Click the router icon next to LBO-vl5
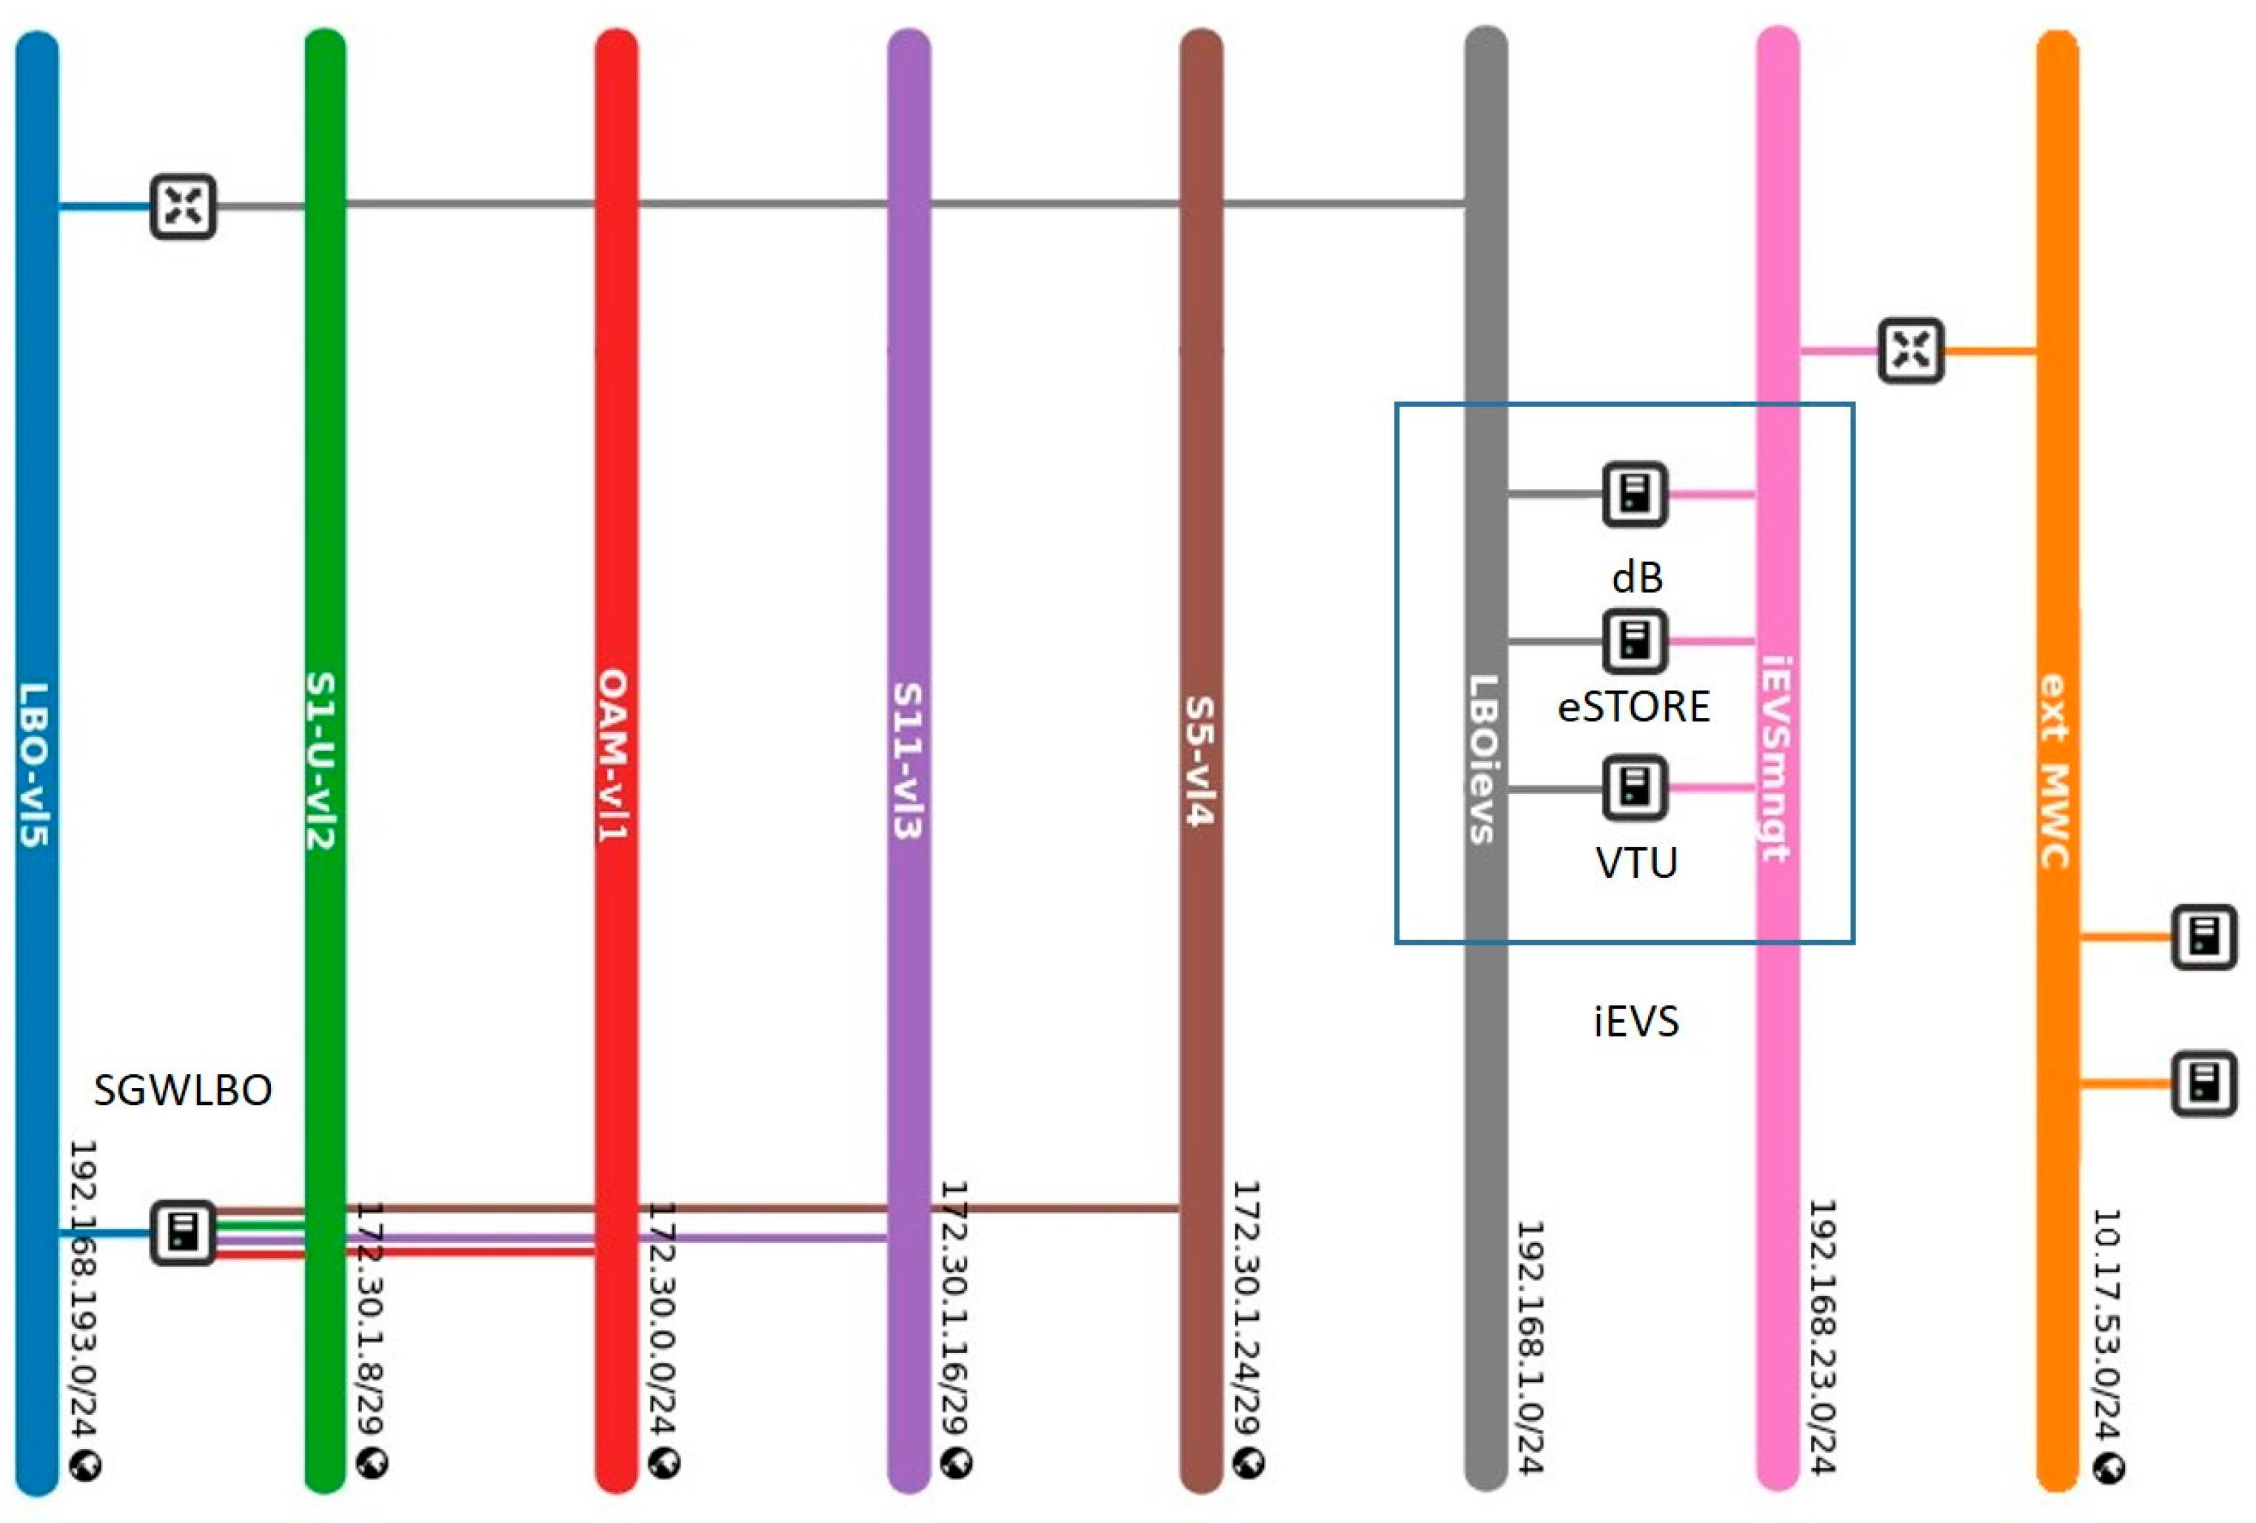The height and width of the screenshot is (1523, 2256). (x=183, y=206)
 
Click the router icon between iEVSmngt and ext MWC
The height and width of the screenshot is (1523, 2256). (x=1911, y=349)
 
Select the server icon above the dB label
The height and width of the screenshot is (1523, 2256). (x=1634, y=494)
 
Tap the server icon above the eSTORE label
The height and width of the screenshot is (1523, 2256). (x=1634, y=641)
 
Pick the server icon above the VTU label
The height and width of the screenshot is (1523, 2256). (x=1634, y=787)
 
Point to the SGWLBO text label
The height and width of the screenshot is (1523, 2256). (x=183, y=1090)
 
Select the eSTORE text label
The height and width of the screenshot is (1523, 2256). (x=1634, y=707)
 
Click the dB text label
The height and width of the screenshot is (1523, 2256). (x=1637, y=578)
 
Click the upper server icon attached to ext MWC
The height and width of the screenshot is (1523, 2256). (x=2203, y=937)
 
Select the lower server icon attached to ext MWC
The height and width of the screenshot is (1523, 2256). (x=2203, y=1083)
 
